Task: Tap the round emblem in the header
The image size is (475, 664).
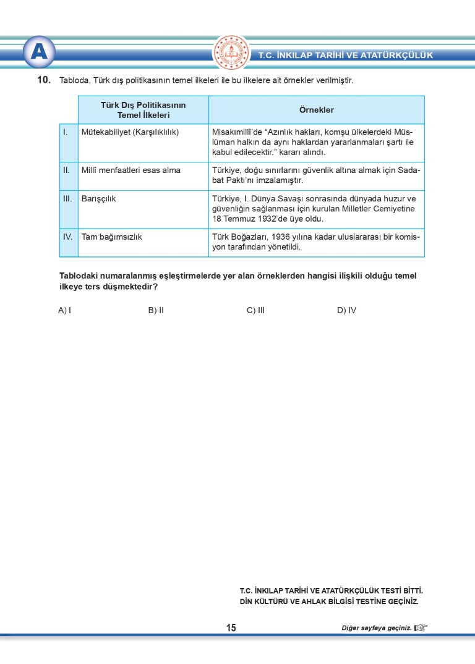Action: (231, 53)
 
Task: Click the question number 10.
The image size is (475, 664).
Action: (43, 80)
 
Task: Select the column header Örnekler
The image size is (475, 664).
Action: (316, 110)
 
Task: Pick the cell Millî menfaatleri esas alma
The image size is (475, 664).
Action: (131, 170)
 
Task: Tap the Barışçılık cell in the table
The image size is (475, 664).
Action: (99, 199)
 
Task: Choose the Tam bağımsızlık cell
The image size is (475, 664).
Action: (112, 237)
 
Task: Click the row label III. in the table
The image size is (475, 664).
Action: (68, 199)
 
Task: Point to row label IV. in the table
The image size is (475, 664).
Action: (68, 237)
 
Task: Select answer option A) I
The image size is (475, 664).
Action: (64, 310)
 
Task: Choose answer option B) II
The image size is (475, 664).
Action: (156, 310)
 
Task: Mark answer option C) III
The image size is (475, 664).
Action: (255, 310)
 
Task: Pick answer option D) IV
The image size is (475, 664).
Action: (346, 310)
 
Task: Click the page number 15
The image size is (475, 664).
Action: (231, 628)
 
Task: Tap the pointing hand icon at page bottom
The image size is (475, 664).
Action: (421, 628)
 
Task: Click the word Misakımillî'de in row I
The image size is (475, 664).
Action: (237, 132)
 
